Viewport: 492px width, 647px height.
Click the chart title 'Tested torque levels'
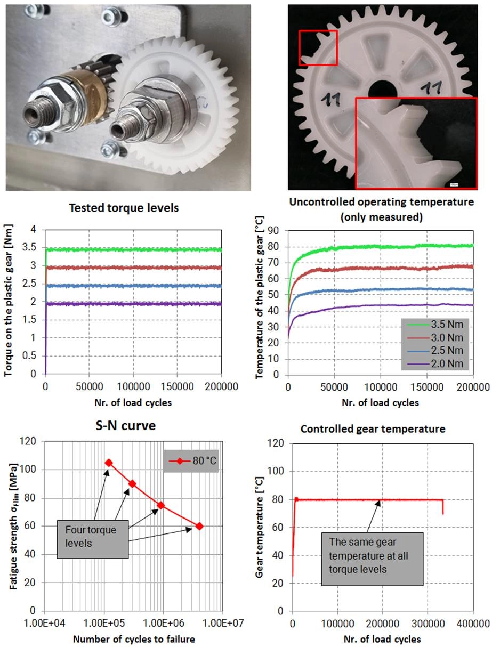(x=124, y=208)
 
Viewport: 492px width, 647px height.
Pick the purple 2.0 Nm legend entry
(x=434, y=364)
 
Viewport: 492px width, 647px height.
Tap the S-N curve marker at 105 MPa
(x=109, y=463)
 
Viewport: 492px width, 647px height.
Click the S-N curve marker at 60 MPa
(x=199, y=526)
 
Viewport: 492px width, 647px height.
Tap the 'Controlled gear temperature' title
(x=373, y=428)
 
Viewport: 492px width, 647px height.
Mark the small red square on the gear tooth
(x=318, y=48)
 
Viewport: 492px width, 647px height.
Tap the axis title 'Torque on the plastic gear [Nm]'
(x=10, y=302)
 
